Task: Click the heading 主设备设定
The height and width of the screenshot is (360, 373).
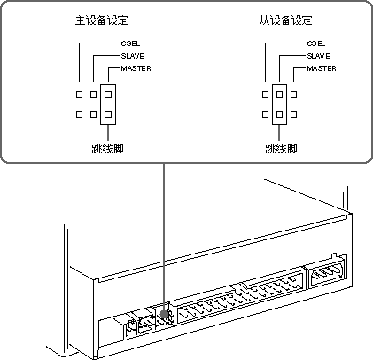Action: pyautogui.click(x=101, y=20)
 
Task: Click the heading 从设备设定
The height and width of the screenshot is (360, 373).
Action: pyautogui.click(x=285, y=20)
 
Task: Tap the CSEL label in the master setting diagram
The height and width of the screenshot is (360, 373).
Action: pyautogui.click(x=130, y=43)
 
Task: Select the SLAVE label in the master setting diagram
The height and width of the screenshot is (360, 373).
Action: pyautogui.click(x=132, y=56)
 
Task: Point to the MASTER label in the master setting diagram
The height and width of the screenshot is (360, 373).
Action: pyautogui.click(x=136, y=68)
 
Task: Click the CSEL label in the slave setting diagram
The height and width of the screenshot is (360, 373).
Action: pyautogui.click(x=316, y=43)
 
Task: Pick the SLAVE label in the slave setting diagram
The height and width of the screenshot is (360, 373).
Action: pyautogui.click(x=318, y=56)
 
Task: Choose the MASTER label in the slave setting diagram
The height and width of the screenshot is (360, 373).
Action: pyautogui.click(x=322, y=68)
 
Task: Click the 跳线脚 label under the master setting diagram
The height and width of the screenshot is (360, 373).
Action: pyautogui.click(x=107, y=148)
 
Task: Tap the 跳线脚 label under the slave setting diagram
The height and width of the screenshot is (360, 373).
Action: pyautogui.click(x=281, y=148)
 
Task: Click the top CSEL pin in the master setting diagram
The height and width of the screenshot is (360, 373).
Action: pyautogui.click(x=79, y=94)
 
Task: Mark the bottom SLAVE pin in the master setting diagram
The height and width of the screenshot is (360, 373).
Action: pyautogui.click(x=93, y=114)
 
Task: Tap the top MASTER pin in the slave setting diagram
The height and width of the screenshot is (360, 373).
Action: pyautogui.click(x=293, y=94)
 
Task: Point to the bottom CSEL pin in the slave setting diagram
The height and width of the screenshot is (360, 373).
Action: pyautogui.click(x=265, y=114)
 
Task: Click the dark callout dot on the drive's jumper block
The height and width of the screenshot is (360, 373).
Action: pyautogui.click(x=164, y=314)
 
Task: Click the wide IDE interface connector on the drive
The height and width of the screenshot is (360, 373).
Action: pyautogui.click(x=240, y=299)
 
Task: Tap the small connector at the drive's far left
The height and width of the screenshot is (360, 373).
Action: pyautogui.click(x=130, y=330)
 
